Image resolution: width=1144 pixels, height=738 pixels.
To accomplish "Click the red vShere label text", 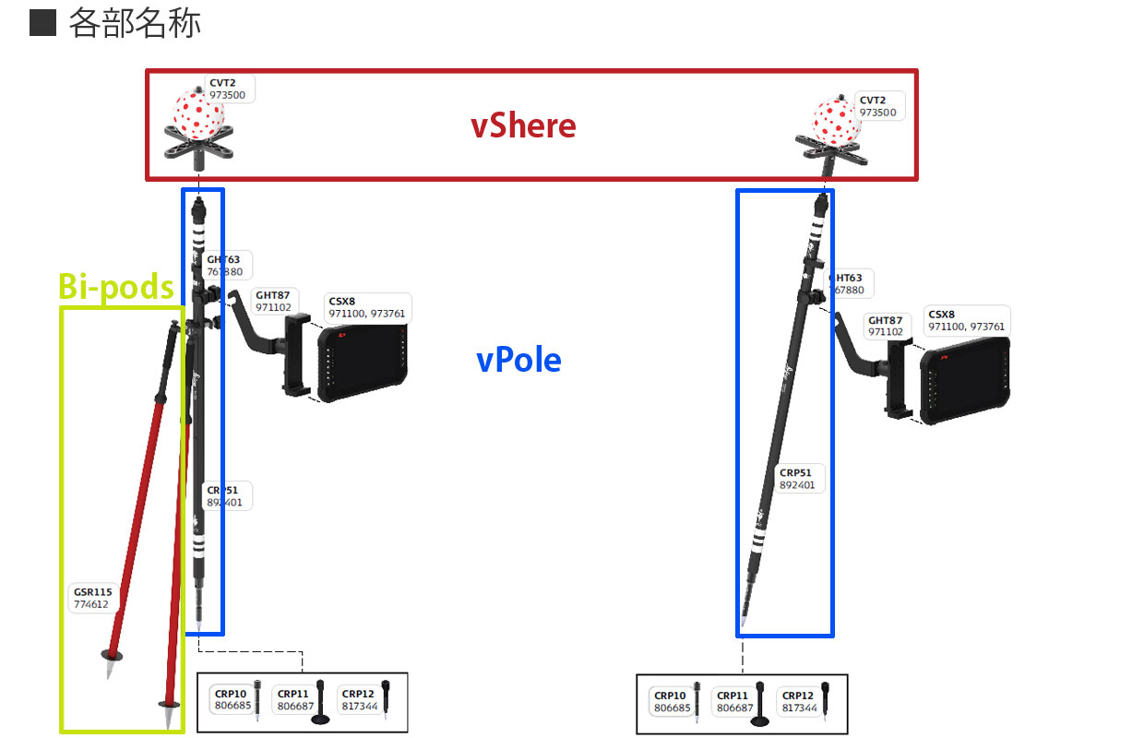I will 523,125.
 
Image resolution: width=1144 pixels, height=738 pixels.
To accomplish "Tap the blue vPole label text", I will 518,360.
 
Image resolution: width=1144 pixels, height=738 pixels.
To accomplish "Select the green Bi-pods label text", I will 116,288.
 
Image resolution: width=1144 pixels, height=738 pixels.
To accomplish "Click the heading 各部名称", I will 135,24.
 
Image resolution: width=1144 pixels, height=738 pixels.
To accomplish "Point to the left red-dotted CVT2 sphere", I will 199,113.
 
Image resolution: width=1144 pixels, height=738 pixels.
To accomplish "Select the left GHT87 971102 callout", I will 273,302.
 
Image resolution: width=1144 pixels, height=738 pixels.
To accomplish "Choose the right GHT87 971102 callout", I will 886,326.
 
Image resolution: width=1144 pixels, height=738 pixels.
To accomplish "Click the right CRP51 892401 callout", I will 797,479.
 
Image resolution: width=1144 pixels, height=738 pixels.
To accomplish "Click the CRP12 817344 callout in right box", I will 798,702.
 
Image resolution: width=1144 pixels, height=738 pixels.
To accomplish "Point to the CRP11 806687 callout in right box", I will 733,702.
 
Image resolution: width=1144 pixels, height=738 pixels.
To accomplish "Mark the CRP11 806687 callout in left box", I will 294,700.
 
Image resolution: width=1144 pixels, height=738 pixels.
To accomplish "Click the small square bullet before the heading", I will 42,23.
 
